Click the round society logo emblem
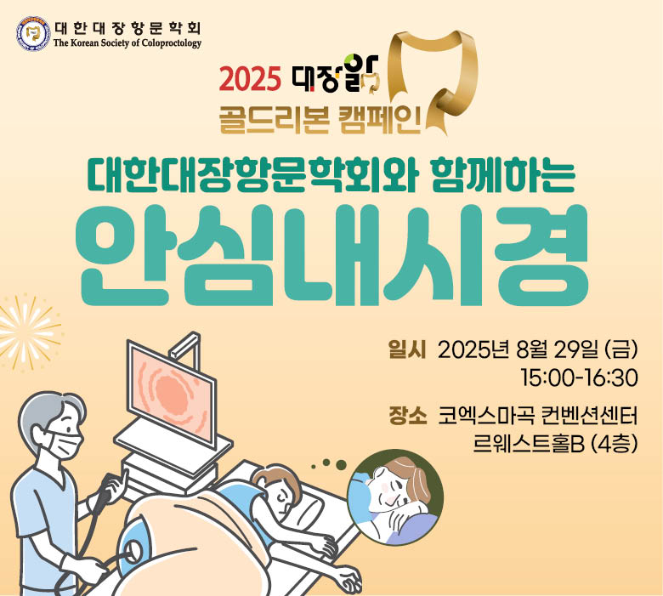[33, 34]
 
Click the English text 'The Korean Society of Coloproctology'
[127, 43]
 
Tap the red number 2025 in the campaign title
[250, 79]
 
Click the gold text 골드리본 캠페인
[320, 120]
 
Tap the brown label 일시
[407, 350]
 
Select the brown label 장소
[407, 417]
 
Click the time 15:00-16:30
[580, 378]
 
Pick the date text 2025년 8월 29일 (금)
[537, 350]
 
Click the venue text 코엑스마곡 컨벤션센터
[537, 417]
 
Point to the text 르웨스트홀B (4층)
[555, 444]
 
